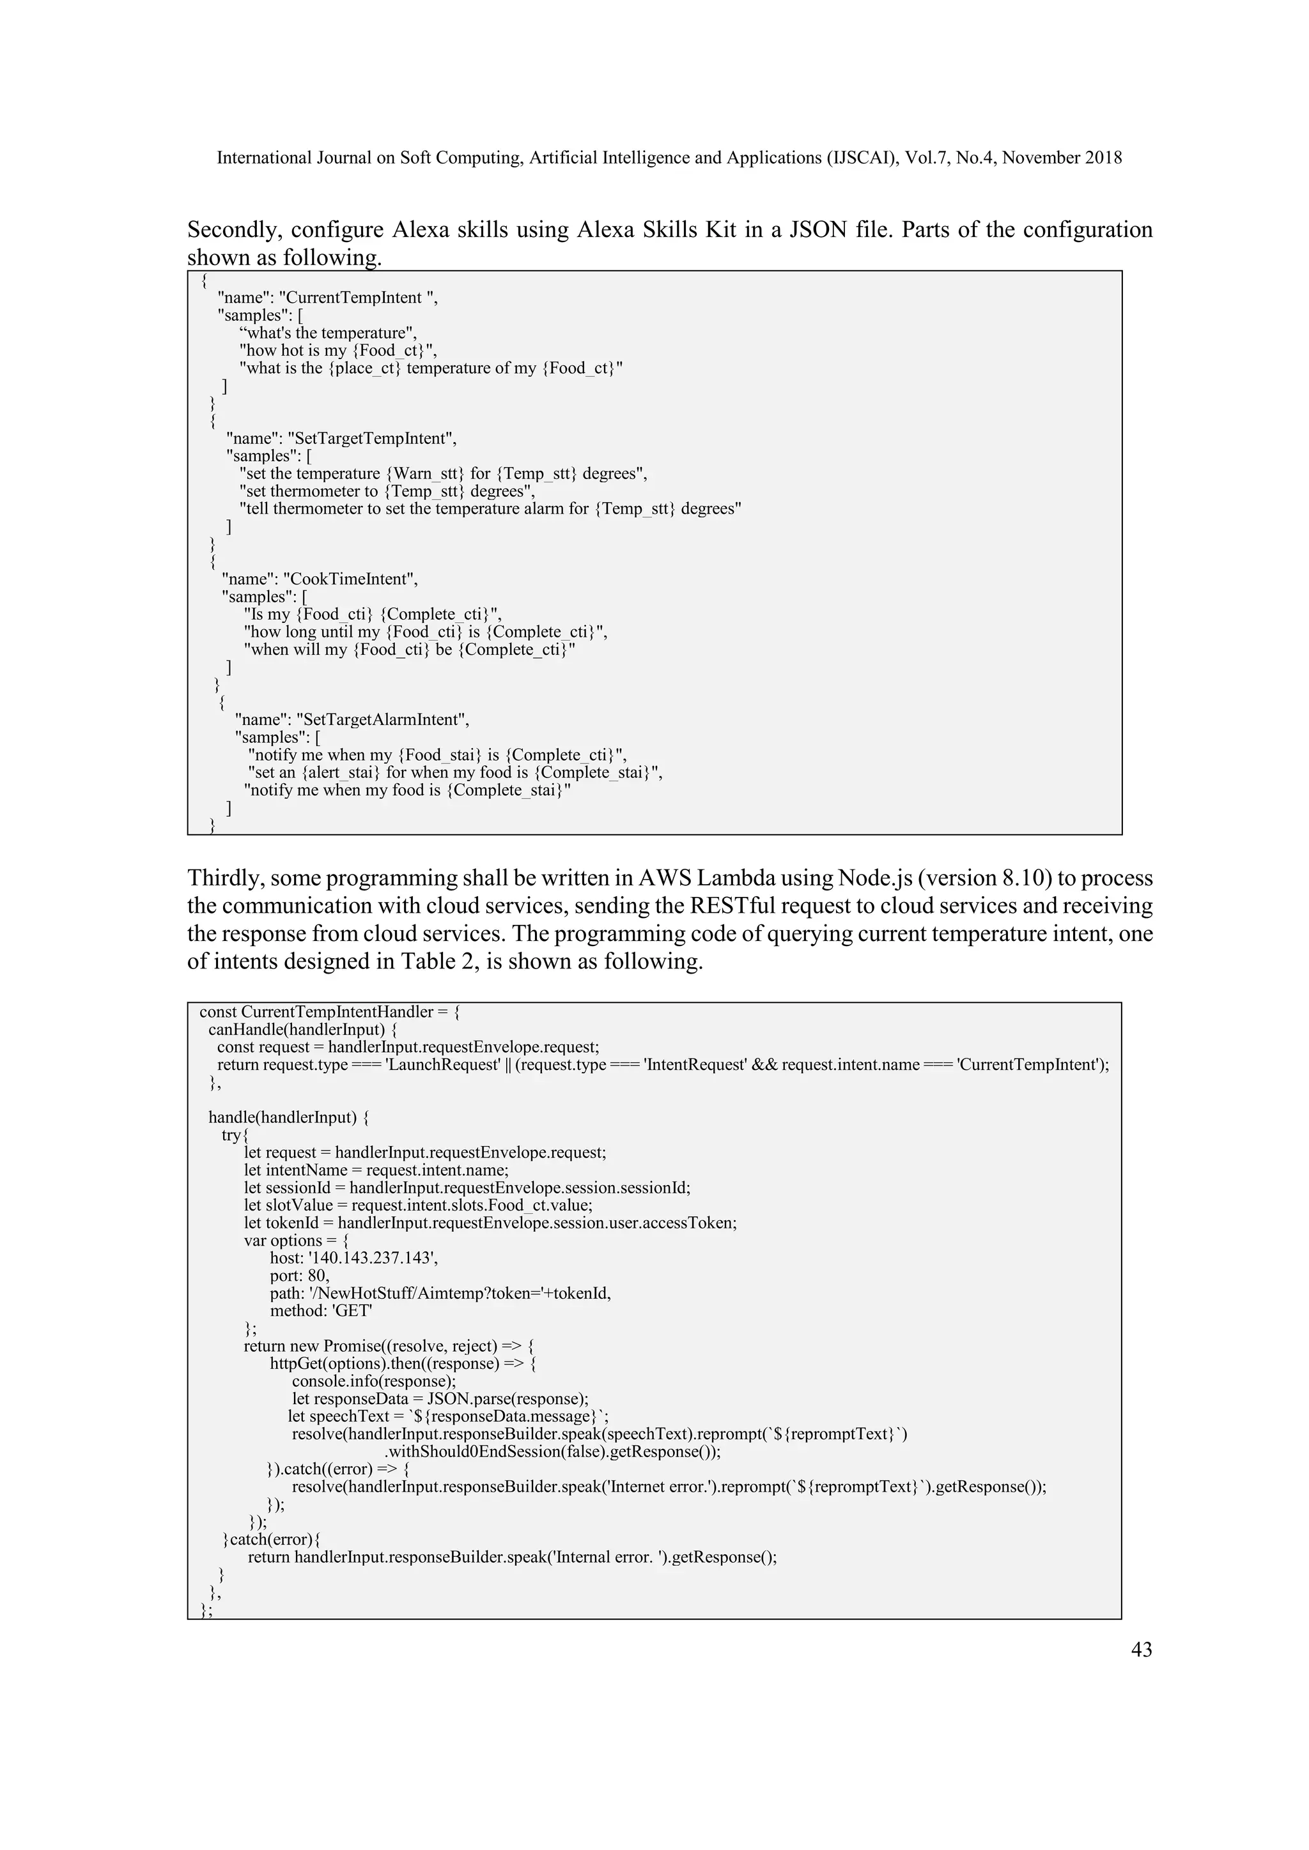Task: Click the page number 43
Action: [x=1142, y=1649]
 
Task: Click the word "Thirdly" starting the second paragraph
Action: [x=225, y=878]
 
